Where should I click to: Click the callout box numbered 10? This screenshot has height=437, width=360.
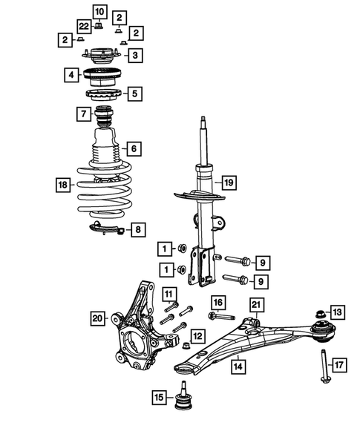pyautogui.click(x=99, y=11)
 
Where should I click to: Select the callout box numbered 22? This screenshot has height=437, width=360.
pyautogui.click(x=83, y=26)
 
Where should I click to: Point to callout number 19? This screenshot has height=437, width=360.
pyautogui.click(x=229, y=182)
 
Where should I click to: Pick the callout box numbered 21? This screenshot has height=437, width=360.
pyautogui.click(x=256, y=305)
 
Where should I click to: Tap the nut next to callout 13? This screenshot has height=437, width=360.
pyautogui.click(x=320, y=313)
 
